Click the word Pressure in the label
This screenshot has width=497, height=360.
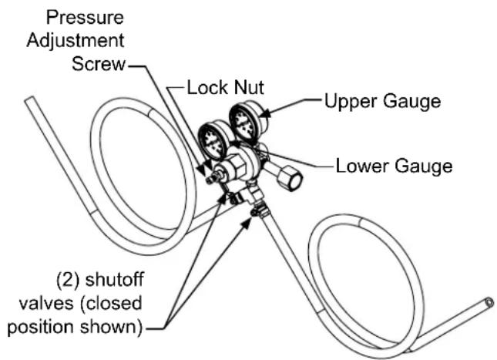click(85, 18)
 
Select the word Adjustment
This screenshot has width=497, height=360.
click(76, 41)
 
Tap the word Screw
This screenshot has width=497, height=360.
click(99, 64)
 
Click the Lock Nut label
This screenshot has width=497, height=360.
click(225, 88)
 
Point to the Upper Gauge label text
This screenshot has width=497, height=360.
click(383, 102)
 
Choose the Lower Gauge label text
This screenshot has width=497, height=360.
click(394, 166)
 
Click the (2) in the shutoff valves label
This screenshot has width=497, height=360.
click(67, 281)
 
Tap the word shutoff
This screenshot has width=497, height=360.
click(115, 280)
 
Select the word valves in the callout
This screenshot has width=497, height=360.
click(46, 304)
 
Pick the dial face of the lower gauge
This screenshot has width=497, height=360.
click(213, 142)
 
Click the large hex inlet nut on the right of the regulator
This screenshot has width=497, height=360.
click(290, 178)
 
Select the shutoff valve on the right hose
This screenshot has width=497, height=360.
click(259, 210)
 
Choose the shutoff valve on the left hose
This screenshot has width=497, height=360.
click(235, 199)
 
